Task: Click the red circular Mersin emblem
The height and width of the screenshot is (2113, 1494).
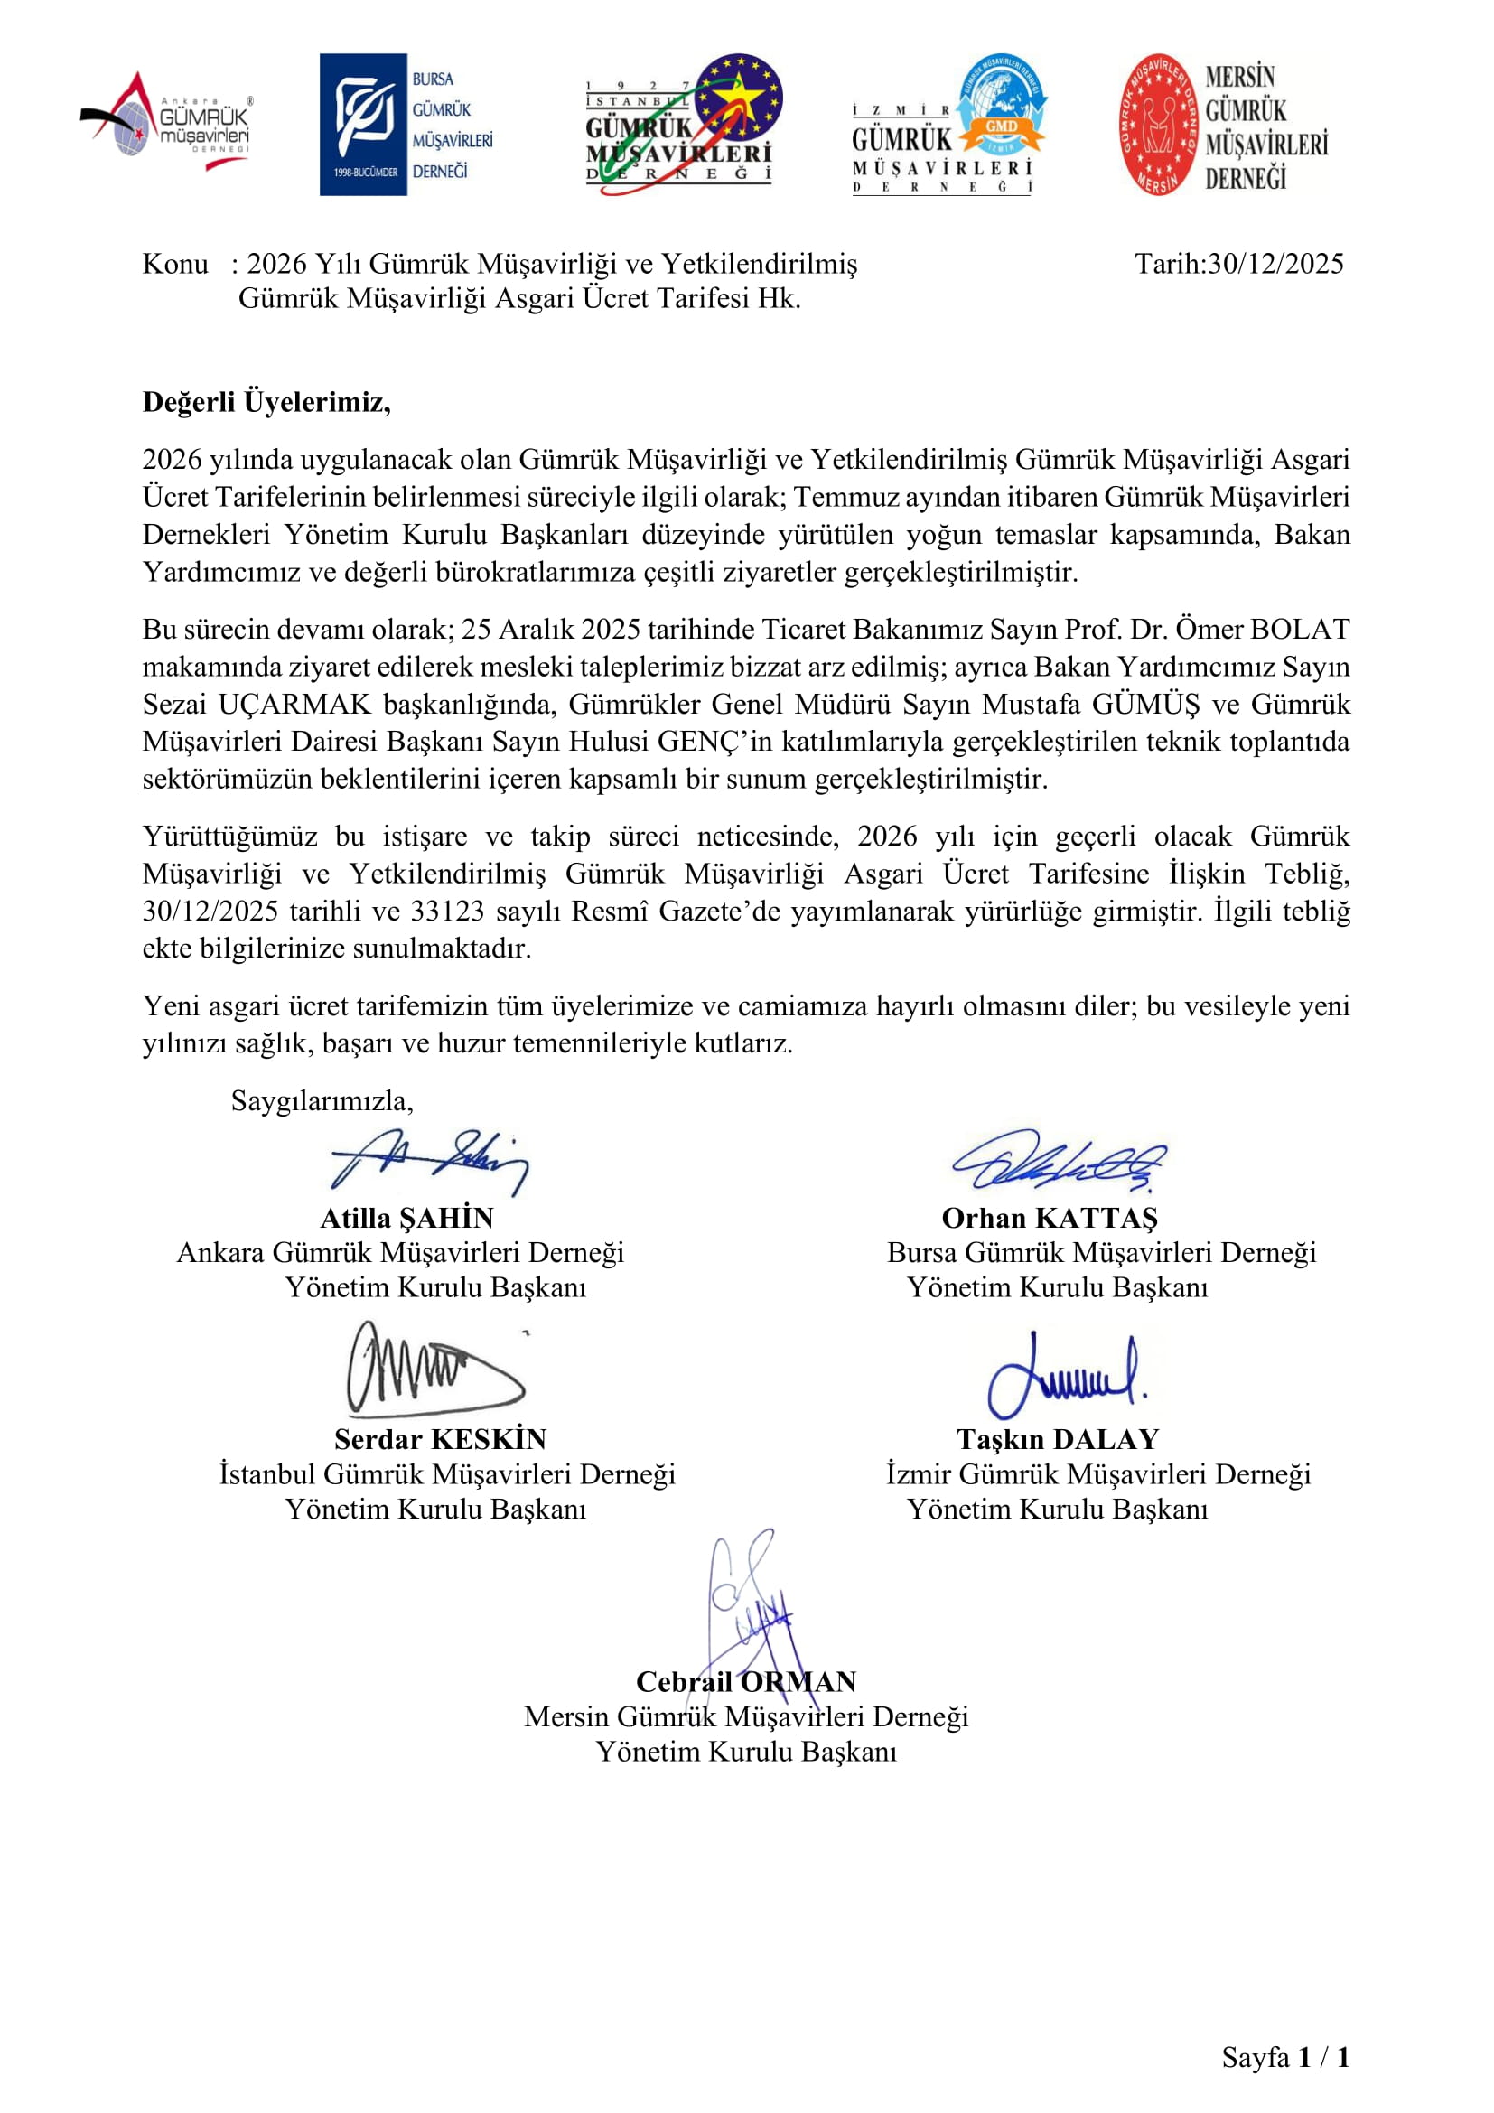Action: pyautogui.click(x=1159, y=125)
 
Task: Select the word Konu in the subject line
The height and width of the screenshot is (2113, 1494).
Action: pyautogui.click(x=175, y=264)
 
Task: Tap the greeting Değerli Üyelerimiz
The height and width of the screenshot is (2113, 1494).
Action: pyautogui.click(x=266, y=402)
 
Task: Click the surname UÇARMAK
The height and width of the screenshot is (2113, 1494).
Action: pyautogui.click(x=294, y=704)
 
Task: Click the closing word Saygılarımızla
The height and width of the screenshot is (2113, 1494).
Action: pyautogui.click(x=322, y=1100)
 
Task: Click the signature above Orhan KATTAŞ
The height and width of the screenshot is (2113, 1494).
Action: pyautogui.click(x=1058, y=1160)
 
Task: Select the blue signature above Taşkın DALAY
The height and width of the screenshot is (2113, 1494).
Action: pyautogui.click(x=1065, y=1375)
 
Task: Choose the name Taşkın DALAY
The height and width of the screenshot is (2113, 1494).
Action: pyautogui.click(x=1058, y=1439)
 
